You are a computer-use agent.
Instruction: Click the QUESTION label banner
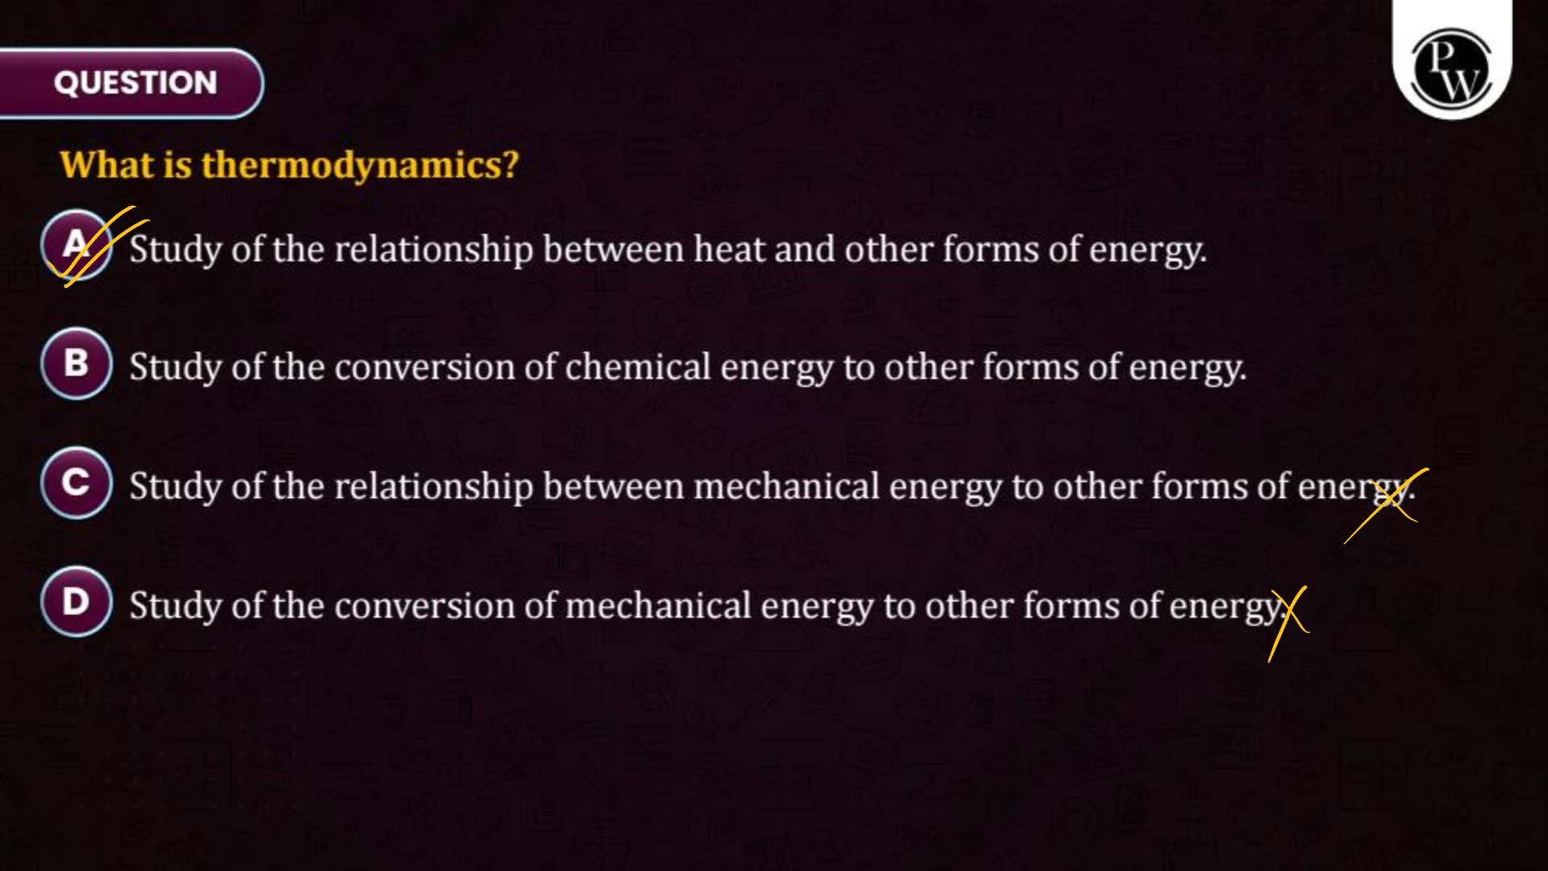point(131,83)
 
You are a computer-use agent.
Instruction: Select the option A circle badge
point(76,246)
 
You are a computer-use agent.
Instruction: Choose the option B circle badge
point(76,364)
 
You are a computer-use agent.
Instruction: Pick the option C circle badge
point(76,483)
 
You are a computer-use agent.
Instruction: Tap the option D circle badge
point(76,602)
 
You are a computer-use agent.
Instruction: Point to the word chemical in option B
point(637,367)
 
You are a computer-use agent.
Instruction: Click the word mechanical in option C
point(786,486)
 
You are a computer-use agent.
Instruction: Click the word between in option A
point(613,249)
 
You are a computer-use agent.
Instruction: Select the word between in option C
point(613,486)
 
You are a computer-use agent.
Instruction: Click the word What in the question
point(107,165)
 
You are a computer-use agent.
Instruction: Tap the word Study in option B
point(175,368)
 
